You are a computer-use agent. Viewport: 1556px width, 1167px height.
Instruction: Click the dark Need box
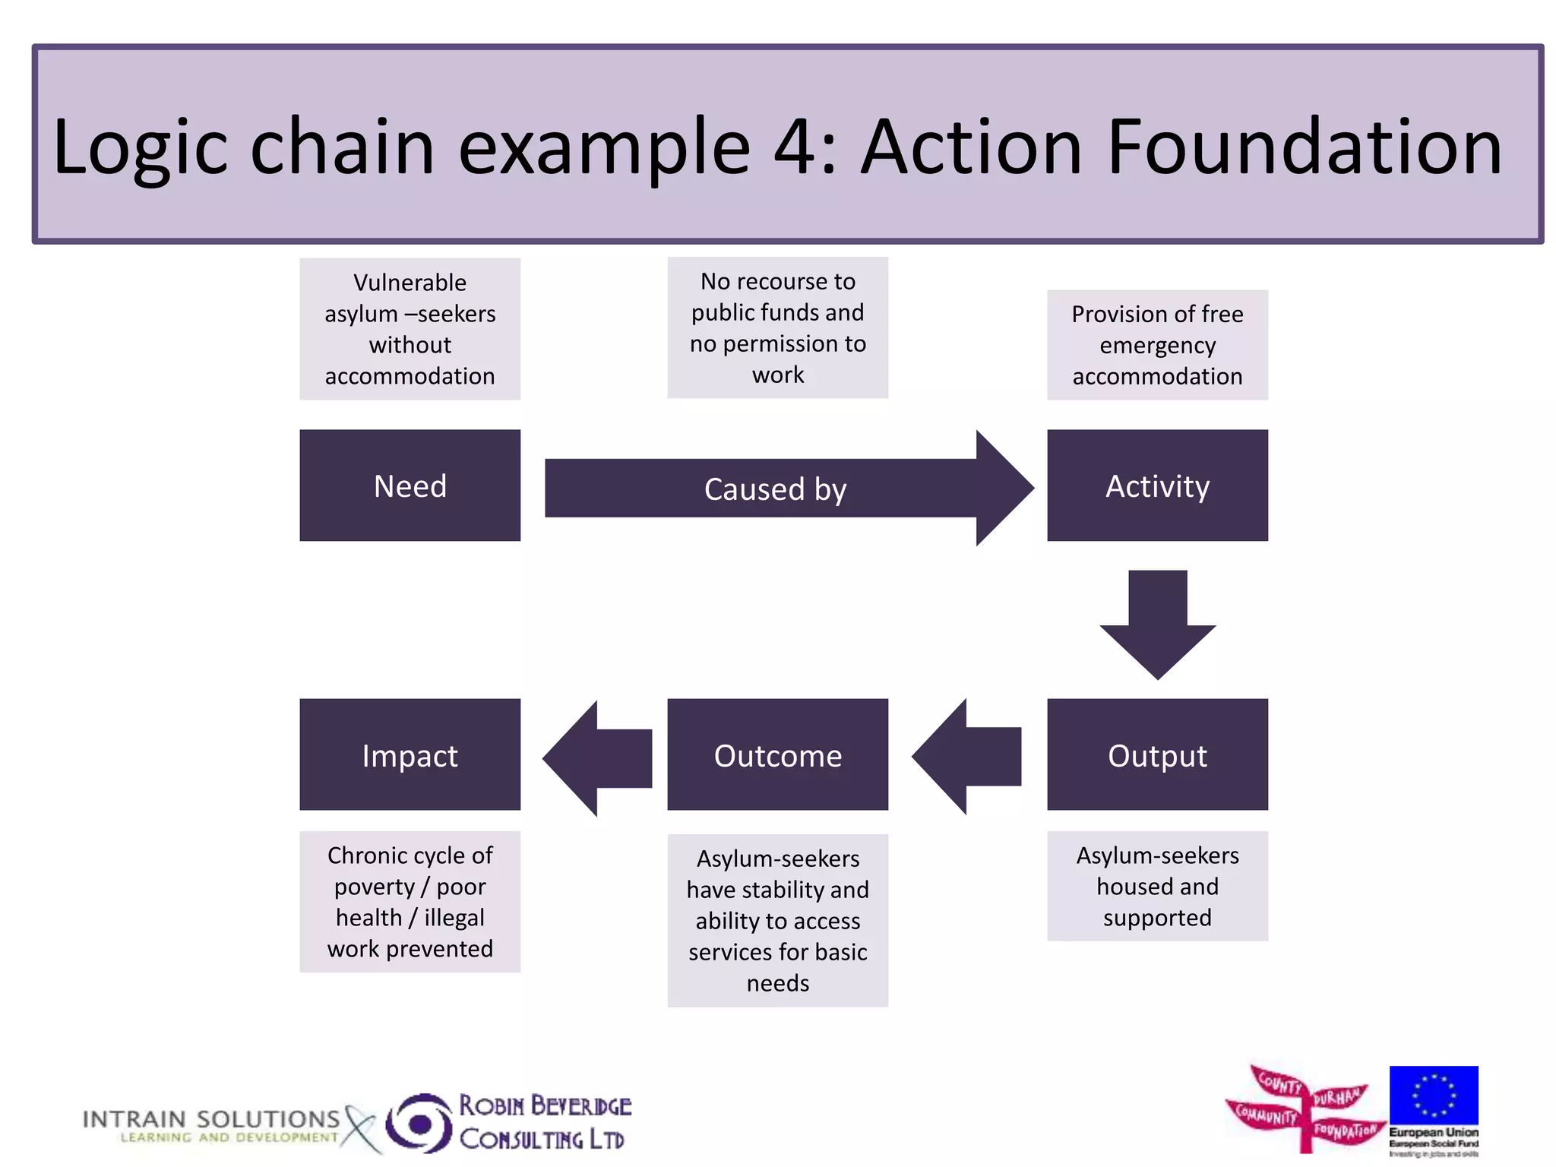[x=410, y=485]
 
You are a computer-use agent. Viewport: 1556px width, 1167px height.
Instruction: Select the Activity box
[x=1156, y=485]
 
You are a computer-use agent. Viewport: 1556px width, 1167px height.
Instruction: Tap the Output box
[x=1156, y=754]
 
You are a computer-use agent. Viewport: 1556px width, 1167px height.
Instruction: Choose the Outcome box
[x=777, y=754]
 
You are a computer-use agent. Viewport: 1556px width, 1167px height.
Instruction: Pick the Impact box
[x=410, y=754]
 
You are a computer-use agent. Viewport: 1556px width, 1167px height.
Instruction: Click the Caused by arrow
[x=775, y=489]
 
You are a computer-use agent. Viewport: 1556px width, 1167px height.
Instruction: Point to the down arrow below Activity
[x=1157, y=619]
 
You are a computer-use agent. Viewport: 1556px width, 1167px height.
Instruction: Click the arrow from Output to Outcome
[x=969, y=757]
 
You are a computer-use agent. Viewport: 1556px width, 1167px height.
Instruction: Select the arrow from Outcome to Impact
[x=599, y=757]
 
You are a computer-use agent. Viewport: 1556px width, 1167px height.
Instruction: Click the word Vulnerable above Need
[x=410, y=283]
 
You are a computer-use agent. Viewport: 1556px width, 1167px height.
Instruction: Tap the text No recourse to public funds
[x=777, y=296]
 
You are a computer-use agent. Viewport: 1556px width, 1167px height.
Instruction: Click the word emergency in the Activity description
[x=1157, y=346]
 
